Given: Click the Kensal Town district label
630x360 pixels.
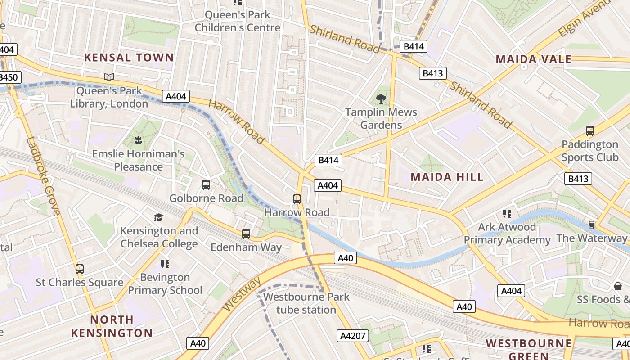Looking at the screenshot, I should pyautogui.click(x=129, y=58).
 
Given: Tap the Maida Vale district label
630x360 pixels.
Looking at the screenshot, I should pyautogui.click(x=533, y=59).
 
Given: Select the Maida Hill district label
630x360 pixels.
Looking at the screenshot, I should pyautogui.click(x=447, y=177).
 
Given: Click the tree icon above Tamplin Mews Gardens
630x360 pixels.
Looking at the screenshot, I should pyautogui.click(x=381, y=99).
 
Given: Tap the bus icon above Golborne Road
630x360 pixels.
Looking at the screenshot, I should pyautogui.click(x=206, y=185).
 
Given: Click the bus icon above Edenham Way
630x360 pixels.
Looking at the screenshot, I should pyautogui.click(x=246, y=234).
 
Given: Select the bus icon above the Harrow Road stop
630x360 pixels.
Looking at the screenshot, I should pyautogui.click(x=297, y=199).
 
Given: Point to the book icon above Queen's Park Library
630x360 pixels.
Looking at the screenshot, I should pyautogui.click(x=108, y=77).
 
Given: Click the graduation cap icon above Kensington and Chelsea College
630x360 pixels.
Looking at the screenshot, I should pyautogui.click(x=158, y=218).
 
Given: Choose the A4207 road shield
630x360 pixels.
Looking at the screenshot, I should pyautogui.click(x=352, y=335).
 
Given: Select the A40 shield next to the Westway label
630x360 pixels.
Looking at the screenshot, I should pyautogui.click(x=198, y=343).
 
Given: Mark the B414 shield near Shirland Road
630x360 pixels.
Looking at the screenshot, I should pyautogui.click(x=413, y=46).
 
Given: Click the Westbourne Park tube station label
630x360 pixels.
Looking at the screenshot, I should pyautogui.click(x=306, y=303).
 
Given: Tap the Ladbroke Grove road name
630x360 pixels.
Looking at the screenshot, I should pyautogui.click(x=43, y=176).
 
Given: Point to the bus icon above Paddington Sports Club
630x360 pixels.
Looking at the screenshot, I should pyautogui.click(x=589, y=131).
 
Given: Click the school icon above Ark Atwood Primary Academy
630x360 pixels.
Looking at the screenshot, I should pyautogui.click(x=507, y=214).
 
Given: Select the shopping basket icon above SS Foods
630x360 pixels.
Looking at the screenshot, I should pyautogui.click(x=618, y=286).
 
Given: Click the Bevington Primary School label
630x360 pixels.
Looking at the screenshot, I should pyautogui.click(x=165, y=283).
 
